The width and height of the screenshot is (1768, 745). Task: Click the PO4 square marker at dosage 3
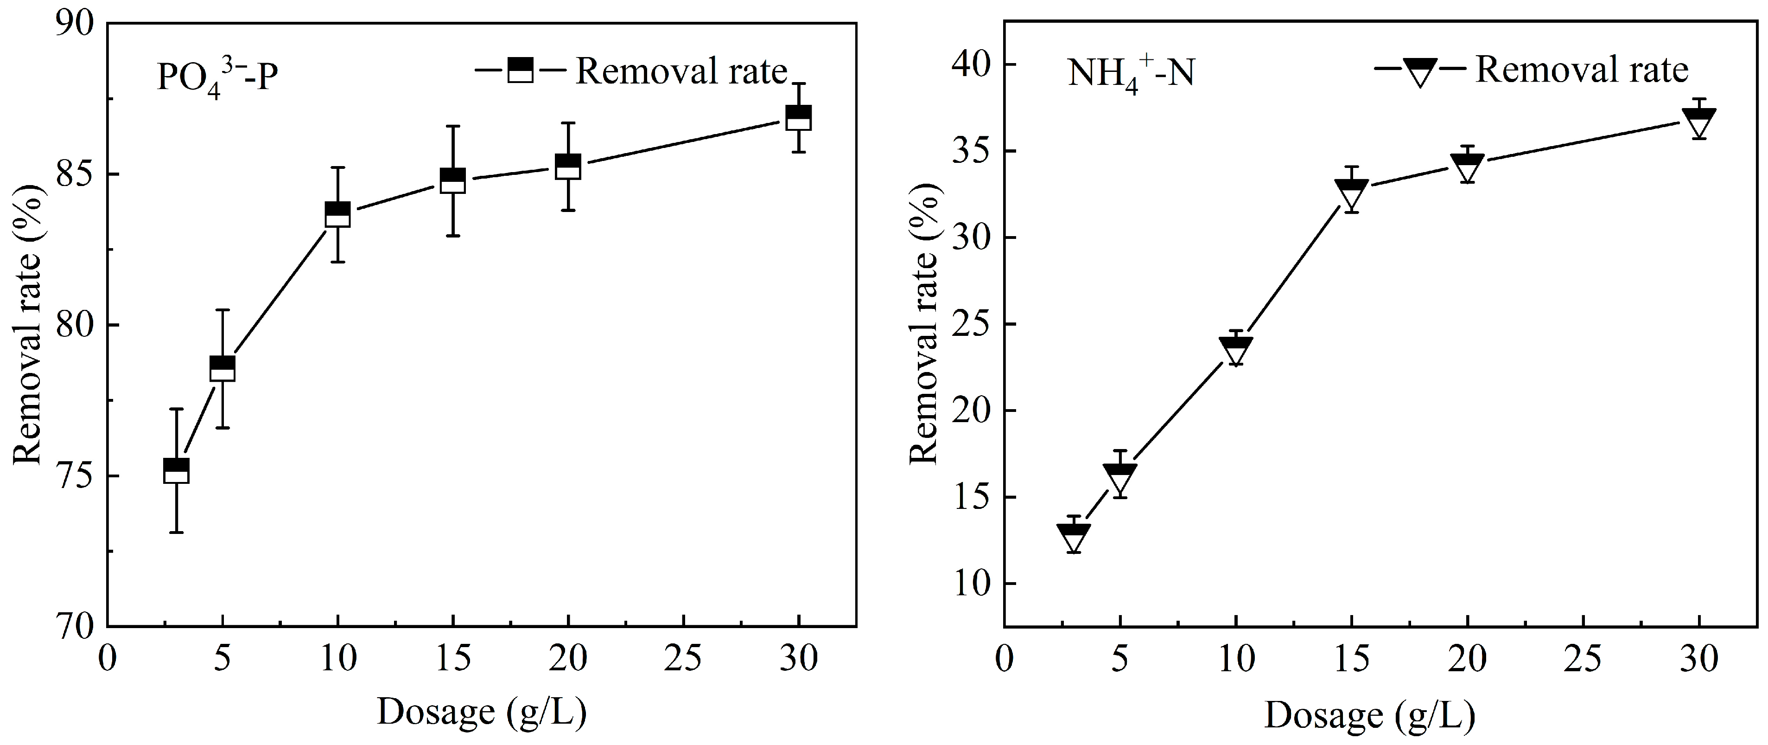(x=177, y=471)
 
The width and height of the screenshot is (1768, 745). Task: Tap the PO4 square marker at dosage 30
(x=798, y=117)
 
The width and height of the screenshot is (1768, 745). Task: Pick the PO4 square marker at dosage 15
(x=452, y=180)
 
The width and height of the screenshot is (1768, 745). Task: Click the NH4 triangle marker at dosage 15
(x=1351, y=193)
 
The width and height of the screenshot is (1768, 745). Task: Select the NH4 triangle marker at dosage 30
(x=1698, y=122)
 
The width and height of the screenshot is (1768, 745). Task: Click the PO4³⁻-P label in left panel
(x=217, y=77)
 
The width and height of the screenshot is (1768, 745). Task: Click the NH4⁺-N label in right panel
(x=1131, y=73)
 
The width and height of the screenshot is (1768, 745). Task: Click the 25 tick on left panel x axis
(x=684, y=658)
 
